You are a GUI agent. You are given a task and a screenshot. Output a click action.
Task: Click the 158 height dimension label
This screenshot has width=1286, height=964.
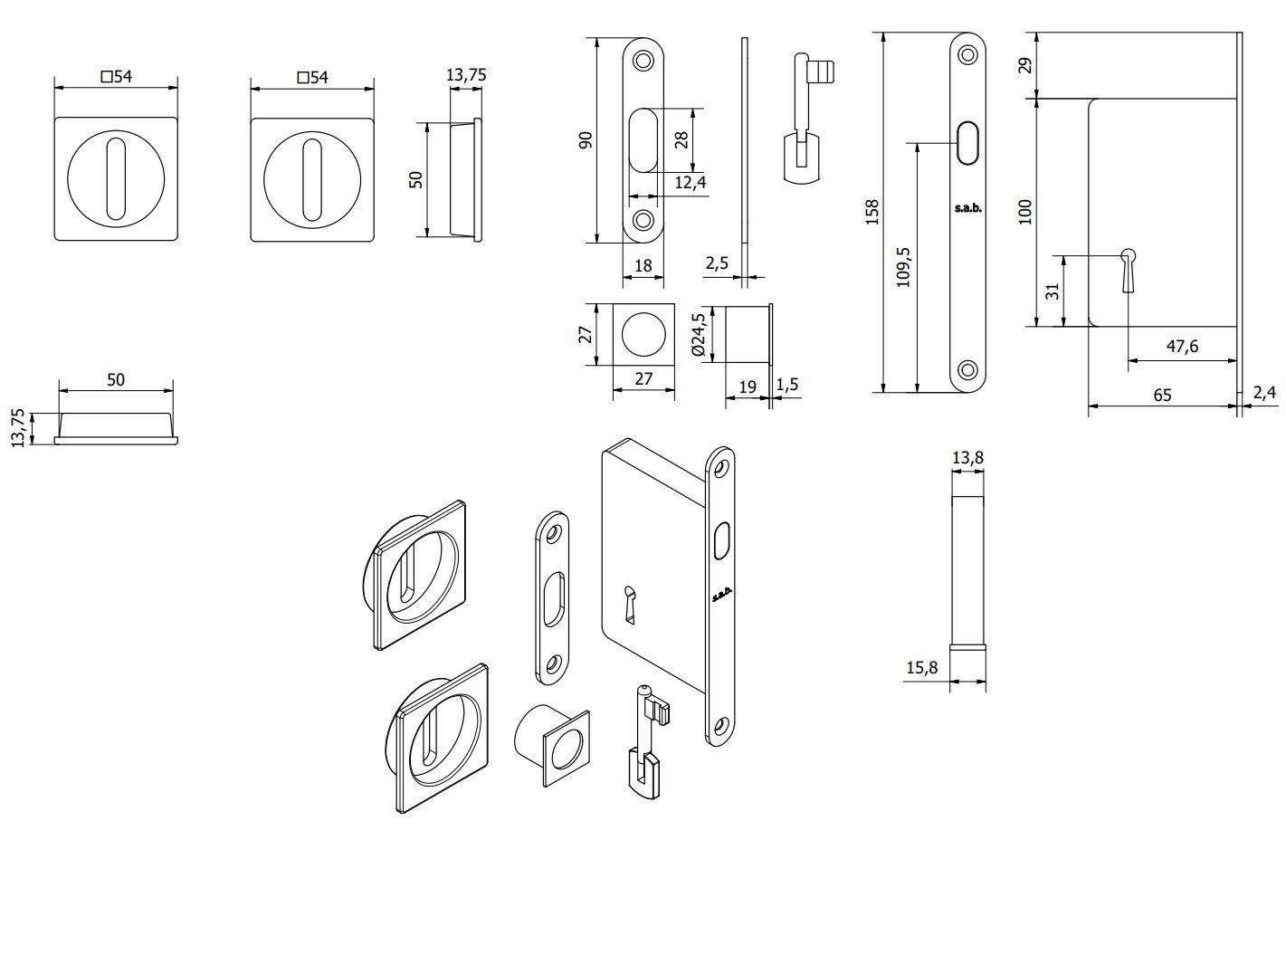coord(872,213)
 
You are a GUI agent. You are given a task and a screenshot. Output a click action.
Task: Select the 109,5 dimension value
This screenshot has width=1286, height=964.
coord(903,267)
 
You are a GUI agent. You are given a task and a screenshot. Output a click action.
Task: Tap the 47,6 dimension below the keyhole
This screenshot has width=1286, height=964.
coord(1182,346)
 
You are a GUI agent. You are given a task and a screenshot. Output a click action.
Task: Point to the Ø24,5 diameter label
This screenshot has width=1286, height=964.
coord(698,334)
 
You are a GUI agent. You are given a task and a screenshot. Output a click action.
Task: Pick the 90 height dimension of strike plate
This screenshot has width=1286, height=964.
coord(586,139)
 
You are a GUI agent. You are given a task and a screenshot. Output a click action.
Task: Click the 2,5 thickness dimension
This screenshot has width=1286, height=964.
coord(717,263)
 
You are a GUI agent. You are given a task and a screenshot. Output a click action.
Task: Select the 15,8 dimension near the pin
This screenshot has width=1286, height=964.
coord(921,668)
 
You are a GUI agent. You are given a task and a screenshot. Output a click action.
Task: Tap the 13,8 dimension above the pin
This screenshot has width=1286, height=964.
coord(967,458)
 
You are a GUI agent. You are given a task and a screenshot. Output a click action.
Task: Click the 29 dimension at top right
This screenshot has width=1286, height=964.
coord(1024,65)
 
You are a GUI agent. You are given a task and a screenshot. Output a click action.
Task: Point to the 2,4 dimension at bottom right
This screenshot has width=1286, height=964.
coord(1264,393)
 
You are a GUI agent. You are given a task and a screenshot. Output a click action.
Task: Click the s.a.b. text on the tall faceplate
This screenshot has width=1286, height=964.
coord(967,209)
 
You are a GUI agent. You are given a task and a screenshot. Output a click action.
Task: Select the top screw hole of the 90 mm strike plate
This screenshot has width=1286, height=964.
coord(643,61)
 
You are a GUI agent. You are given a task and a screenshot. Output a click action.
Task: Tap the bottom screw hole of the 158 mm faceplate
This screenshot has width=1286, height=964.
coord(967,369)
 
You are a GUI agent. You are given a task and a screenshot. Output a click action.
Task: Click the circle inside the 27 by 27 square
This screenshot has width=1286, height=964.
coord(643,334)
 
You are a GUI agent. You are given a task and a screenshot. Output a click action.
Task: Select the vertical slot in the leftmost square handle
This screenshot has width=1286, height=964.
coord(115,178)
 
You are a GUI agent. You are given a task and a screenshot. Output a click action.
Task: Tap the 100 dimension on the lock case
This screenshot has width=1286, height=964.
coord(1024,213)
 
